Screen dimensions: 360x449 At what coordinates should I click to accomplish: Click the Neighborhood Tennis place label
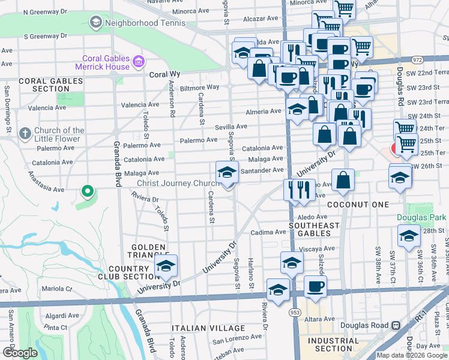(x=134, y=23)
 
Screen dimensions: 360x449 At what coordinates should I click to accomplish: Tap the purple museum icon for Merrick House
(x=139, y=61)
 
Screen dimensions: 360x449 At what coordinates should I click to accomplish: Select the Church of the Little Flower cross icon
(x=25, y=133)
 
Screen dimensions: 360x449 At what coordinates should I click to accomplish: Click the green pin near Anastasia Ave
(x=87, y=192)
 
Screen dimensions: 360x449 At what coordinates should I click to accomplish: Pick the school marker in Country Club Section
(x=166, y=267)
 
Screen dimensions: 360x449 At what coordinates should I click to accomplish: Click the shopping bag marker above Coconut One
(x=343, y=181)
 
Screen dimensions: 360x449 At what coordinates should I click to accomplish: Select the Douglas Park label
(x=421, y=217)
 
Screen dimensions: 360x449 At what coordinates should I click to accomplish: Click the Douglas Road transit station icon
(x=396, y=325)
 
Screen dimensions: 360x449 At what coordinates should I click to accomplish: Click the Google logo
(x=20, y=353)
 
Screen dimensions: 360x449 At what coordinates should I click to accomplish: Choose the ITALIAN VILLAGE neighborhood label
(x=208, y=328)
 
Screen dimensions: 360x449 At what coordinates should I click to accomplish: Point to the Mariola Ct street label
(x=58, y=289)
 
